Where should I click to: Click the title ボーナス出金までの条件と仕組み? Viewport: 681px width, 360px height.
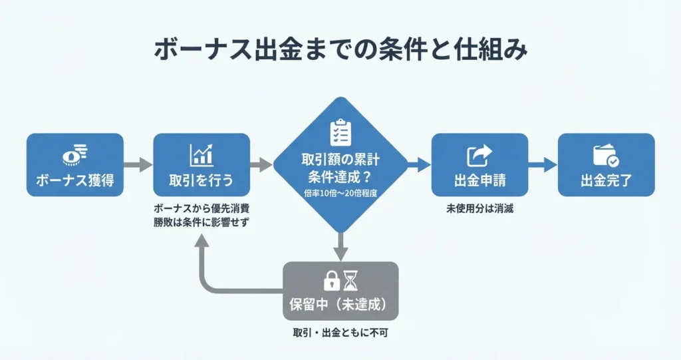point(340,51)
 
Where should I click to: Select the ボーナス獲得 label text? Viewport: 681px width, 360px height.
point(74,181)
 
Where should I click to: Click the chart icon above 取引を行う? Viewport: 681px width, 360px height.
point(202,154)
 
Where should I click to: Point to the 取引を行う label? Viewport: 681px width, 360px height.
point(202,181)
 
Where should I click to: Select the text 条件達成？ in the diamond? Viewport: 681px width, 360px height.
point(340,177)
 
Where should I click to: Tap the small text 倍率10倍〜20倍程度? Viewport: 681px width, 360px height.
point(340,193)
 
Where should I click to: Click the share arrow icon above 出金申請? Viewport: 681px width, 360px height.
point(479,155)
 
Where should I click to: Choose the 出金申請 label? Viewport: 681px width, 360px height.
point(479,181)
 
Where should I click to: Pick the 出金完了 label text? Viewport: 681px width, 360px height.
point(606,181)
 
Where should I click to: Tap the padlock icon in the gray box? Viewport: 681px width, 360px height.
point(331,281)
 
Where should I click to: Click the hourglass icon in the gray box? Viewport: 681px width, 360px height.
point(350,281)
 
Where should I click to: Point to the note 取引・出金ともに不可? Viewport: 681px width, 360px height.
point(340,332)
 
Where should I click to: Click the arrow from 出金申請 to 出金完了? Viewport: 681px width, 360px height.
point(543,164)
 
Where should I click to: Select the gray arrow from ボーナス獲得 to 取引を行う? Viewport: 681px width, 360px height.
point(138,164)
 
